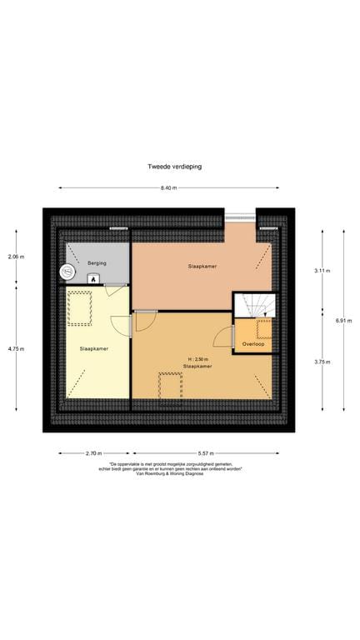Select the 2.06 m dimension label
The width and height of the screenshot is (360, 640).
click(x=17, y=257)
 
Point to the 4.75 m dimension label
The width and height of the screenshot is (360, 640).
click(x=17, y=349)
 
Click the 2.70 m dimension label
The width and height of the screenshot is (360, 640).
click(x=93, y=453)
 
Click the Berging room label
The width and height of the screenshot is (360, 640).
click(x=97, y=263)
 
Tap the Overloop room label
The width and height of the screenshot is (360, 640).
click(x=253, y=343)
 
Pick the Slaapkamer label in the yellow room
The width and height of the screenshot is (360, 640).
click(x=92, y=348)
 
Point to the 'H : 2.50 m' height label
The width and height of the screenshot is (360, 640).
click(x=199, y=359)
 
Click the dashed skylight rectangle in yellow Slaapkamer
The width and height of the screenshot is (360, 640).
click(x=80, y=308)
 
